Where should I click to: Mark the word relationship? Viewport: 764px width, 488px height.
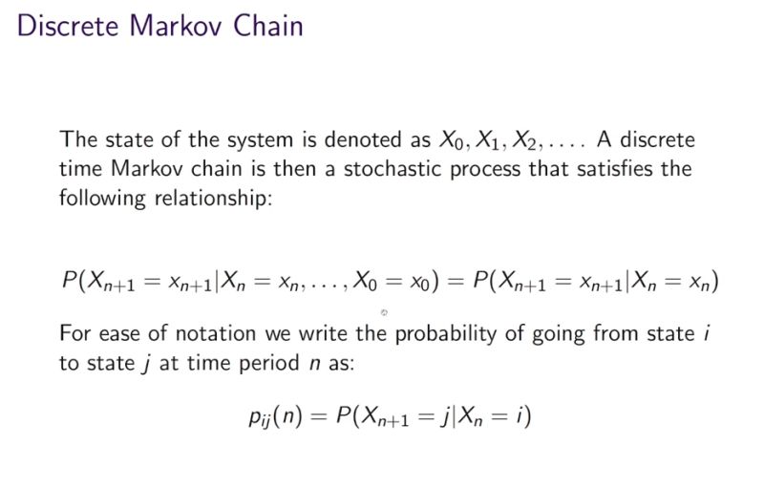216,201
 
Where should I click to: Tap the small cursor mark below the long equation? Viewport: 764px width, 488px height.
384,311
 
